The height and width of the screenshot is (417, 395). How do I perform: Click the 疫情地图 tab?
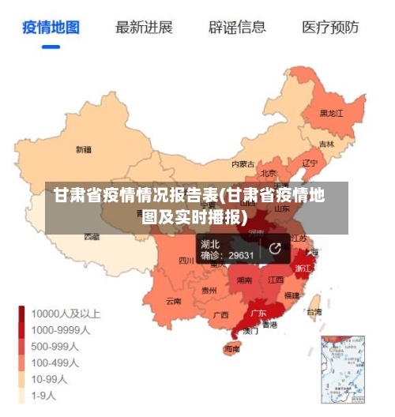(51, 28)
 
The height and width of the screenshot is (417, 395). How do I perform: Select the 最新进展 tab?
(144, 28)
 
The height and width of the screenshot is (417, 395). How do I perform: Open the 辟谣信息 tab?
(237, 28)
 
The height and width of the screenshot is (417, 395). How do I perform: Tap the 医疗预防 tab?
(330, 28)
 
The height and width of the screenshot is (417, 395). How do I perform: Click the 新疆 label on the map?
(83, 149)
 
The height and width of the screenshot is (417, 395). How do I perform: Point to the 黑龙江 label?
(332, 113)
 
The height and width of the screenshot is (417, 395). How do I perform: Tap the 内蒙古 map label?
(243, 164)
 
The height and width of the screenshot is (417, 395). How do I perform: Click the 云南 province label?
(174, 301)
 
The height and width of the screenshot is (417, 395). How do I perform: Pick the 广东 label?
(258, 313)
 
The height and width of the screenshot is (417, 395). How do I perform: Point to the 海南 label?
(232, 348)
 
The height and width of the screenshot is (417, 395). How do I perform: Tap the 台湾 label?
(314, 312)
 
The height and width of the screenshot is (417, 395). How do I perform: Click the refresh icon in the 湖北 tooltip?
(275, 249)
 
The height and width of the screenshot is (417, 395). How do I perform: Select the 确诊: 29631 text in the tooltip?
(228, 255)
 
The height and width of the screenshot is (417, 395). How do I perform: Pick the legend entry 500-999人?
(54, 346)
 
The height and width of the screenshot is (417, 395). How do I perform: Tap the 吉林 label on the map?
(326, 145)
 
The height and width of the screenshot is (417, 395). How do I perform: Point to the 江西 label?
(276, 280)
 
